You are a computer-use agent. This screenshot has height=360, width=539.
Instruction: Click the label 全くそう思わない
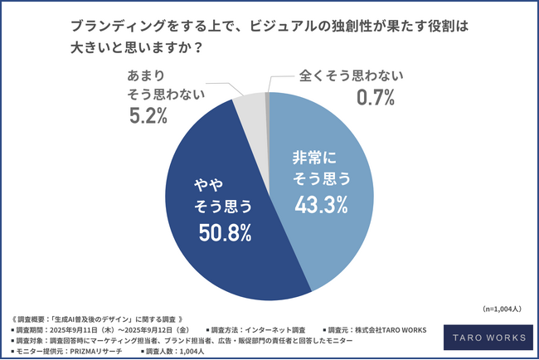pos(351,77)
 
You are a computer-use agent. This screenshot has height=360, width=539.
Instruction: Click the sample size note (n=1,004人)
pos(503,309)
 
